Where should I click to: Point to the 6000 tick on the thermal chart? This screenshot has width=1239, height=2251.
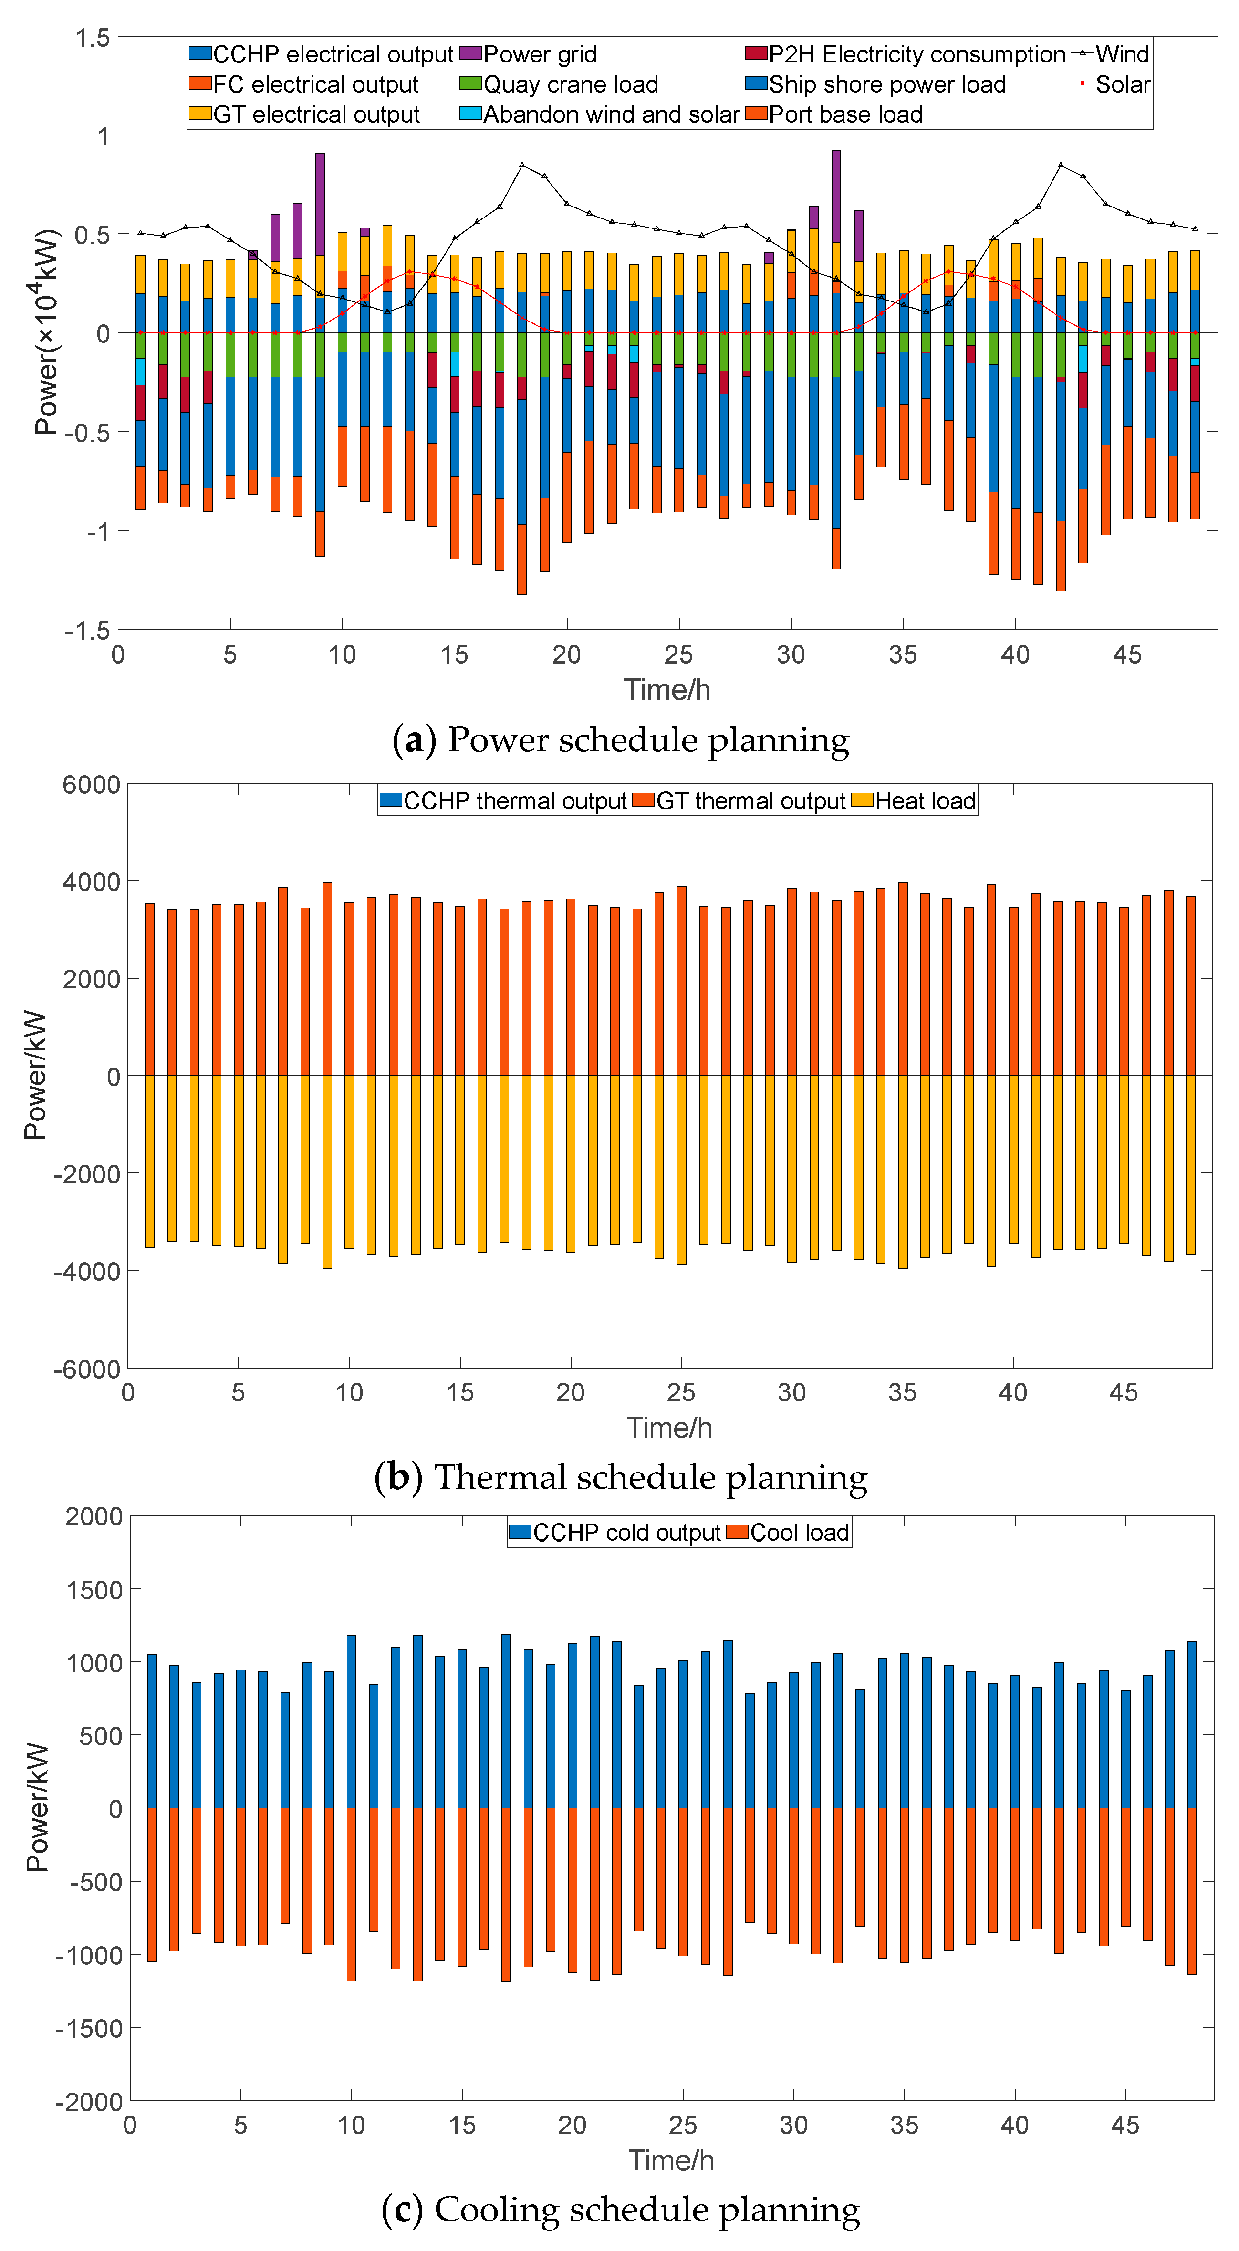(91, 785)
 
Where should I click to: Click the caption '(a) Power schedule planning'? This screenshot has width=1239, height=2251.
(620, 740)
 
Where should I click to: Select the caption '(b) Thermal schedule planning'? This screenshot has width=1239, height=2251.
(620, 1477)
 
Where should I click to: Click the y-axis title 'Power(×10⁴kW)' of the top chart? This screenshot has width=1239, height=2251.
(45, 332)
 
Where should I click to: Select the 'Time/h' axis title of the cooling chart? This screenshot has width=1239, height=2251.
(671, 2160)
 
